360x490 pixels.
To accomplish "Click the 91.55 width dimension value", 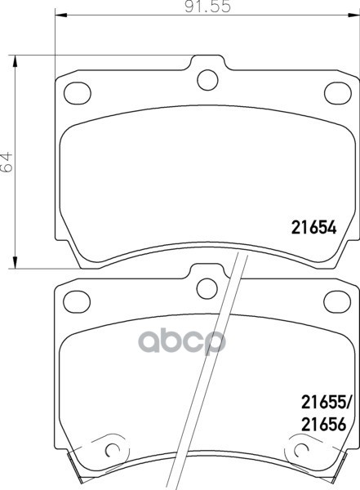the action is click(x=207, y=7).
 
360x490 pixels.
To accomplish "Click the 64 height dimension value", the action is click(x=7, y=162).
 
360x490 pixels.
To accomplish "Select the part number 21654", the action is click(x=313, y=227).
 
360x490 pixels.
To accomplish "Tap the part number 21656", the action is click(x=324, y=425).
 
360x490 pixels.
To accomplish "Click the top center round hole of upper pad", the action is click(x=207, y=80).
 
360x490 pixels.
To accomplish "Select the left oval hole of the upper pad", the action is click(x=78, y=93).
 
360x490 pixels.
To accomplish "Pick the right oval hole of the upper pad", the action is click(x=338, y=93).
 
